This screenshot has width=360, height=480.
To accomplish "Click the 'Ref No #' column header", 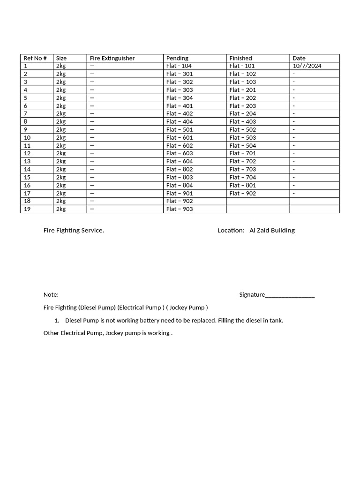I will coord(35,58).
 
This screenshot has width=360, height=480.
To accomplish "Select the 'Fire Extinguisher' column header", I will coord(112,58).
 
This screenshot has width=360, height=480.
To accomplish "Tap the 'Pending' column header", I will coord(177,58).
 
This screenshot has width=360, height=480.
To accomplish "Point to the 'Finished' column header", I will coord(240,58).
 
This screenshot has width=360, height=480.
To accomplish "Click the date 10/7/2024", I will coord(307,66).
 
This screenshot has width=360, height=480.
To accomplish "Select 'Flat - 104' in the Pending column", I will coord(179,66).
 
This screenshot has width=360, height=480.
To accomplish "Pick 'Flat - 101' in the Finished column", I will coord(242,66).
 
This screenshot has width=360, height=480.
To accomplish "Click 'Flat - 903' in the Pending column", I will coord(179,209).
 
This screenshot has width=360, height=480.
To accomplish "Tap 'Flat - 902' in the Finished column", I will coord(242,193).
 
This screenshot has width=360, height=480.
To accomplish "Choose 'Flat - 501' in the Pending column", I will coord(179,129).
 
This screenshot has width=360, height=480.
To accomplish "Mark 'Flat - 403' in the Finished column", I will coord(242,121).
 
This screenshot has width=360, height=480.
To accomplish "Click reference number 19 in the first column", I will coord(27,209).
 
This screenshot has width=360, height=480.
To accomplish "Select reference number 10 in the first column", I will coord(27,137).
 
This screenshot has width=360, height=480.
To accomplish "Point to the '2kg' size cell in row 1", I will coord(61,66).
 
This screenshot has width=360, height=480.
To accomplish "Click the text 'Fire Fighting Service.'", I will coord(74,230).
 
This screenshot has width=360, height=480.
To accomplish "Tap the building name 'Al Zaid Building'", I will coord(272,230).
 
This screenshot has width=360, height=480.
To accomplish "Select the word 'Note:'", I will coord(51,294).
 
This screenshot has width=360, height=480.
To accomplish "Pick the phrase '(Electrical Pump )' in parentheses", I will coord(141,307).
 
